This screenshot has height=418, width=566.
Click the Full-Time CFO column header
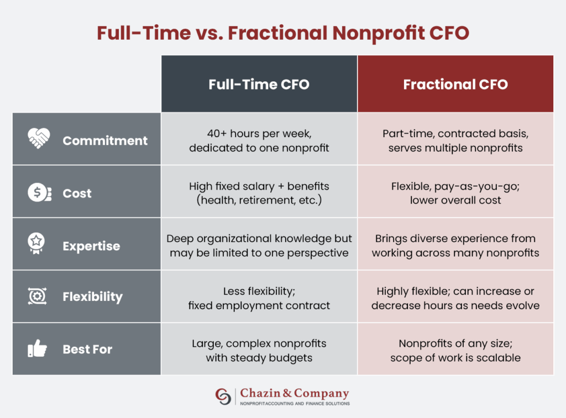[259, 83]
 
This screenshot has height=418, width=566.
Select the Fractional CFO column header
[455, 83]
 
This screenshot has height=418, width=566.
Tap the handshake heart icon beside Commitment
[39, 138]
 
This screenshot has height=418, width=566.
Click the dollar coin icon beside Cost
[39, 192]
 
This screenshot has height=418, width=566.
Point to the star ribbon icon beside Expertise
[36, 243]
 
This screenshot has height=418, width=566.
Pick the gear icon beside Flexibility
[37, 296]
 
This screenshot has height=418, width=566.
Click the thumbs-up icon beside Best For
[37, 348]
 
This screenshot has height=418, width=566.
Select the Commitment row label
[105, 140]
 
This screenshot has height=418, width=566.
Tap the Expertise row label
[91, 246]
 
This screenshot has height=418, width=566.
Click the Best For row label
[87, 349]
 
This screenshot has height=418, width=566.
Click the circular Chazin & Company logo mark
[223, 396]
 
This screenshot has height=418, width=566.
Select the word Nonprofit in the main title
[378, 33]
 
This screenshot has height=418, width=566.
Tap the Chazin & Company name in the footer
[295, 393]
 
